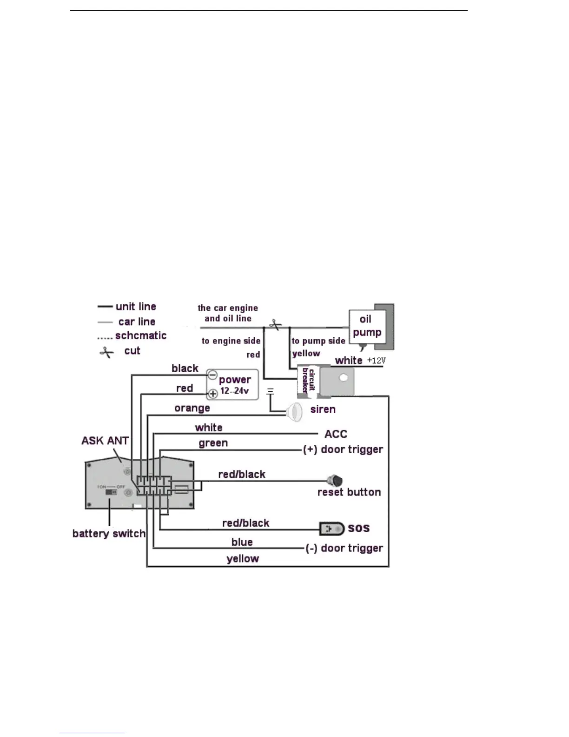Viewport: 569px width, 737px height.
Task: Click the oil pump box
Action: point(367,326)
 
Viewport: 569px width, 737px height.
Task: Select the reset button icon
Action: point(335,481)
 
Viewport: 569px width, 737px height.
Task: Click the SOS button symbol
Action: point(332,529)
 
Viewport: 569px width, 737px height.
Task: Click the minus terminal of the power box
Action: point(212,375)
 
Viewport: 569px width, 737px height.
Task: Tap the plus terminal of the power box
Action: point(212,394)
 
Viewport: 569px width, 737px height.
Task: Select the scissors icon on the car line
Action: point(275,324)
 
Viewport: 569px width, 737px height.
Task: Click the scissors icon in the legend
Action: point(106,352)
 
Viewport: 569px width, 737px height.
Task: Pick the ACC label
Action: point(336,434)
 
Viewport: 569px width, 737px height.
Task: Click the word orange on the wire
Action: point(192,408)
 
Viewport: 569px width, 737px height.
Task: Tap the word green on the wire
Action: point(213,443)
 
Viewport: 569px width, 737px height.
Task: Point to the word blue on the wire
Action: point(242,542)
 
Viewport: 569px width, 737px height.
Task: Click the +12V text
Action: point(376,361)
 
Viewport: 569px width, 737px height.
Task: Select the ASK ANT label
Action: point(105,441)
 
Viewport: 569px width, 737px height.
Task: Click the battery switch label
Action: point(109,534)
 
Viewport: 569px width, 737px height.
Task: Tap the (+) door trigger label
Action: point(343,449)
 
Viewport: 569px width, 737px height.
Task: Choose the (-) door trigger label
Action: point(344,548)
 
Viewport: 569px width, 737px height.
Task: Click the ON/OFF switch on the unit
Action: point(111,492)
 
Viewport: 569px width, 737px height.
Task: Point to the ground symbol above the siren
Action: point(270,392)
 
